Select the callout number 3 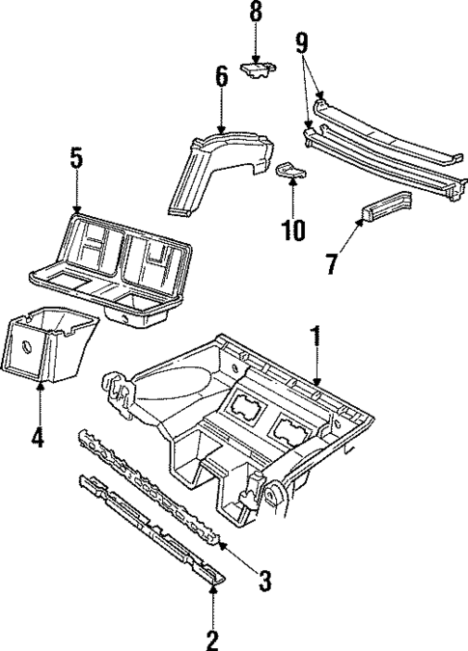click(264, 581)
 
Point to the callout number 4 click(37, 439)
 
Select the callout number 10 click(292, 230)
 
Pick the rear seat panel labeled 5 click(106, 260)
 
